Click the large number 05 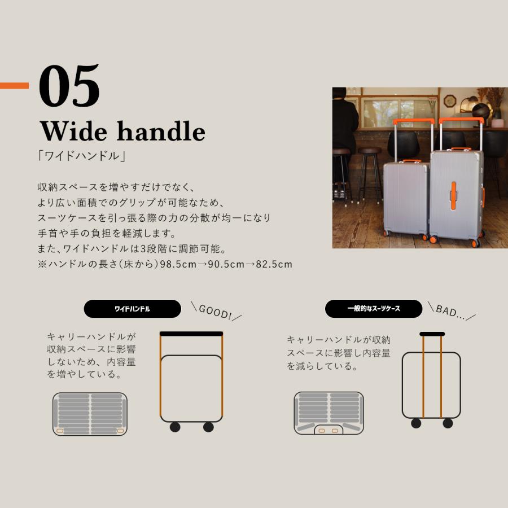[69, 86]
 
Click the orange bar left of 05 [14, 86]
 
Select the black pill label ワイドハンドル [132, 309]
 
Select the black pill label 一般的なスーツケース [374, 309]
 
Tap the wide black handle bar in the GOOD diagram [191, 334]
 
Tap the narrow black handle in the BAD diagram [431, 334]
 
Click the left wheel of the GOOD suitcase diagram [174, 427]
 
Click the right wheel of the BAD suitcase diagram [448, 423]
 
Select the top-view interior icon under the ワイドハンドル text [90, 414]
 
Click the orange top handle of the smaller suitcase [411, 161]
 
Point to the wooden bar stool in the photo [370, 169]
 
